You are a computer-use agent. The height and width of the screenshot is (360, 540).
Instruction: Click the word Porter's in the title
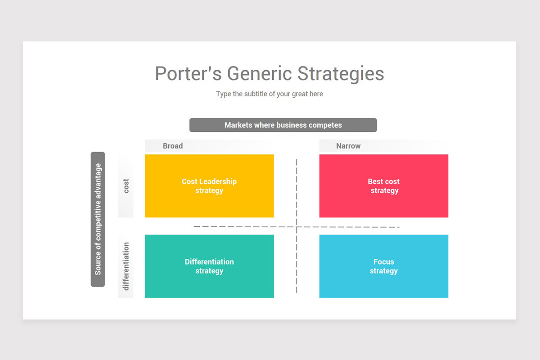click(x=188, y=74)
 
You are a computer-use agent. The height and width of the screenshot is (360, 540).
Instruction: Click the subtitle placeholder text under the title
click(x=270, y=94)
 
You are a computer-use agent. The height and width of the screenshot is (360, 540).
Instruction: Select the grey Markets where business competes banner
click(x=283, y=125)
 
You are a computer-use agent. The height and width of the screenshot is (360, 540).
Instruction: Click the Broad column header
click(x=173, y=146)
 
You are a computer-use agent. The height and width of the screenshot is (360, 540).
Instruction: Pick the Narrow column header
click(x=348, y=146)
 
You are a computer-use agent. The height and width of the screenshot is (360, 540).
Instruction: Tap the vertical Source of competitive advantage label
click(x=98, y=219)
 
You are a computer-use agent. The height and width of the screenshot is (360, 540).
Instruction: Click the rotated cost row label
click(x=126, y=186)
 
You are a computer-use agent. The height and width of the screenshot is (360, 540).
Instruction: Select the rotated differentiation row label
click(x=126, y=266)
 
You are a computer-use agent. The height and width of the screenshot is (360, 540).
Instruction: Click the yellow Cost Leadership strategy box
click(x=209, y=186)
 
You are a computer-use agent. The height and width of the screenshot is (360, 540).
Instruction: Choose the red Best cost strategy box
click(x=384, y=186)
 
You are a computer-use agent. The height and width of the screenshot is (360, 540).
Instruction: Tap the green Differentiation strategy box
click(x=209, y=266)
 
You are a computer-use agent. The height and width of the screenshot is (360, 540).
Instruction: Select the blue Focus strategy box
click(x=384, y=266)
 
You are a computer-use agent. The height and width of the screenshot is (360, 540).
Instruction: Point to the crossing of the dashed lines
click(x=297, y=227)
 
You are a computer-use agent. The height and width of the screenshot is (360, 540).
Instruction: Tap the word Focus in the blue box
click(x=384, y=262)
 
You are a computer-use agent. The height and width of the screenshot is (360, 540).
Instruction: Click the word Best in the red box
click(x=376, y=181)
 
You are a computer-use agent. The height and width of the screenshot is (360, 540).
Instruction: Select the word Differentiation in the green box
click(x=209, y=262)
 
